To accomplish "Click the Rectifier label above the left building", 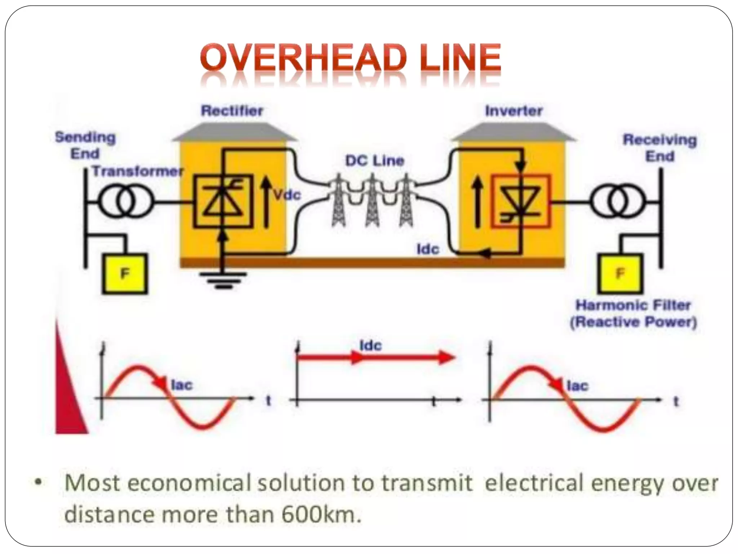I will coord(232,111).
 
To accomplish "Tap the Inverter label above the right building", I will coord(514,111).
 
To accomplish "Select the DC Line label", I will coord(375,161).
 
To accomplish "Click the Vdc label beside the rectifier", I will coord(287,195).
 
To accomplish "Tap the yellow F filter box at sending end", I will coord(125,273).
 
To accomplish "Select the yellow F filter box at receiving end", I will coord(620,273).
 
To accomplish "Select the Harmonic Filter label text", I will coord(633,305).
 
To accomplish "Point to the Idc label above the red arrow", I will coord(370,346).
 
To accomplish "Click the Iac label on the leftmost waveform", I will coord(182,385).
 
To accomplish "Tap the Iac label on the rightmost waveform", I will coord(578,386).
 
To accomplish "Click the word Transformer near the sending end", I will coord(138,171).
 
